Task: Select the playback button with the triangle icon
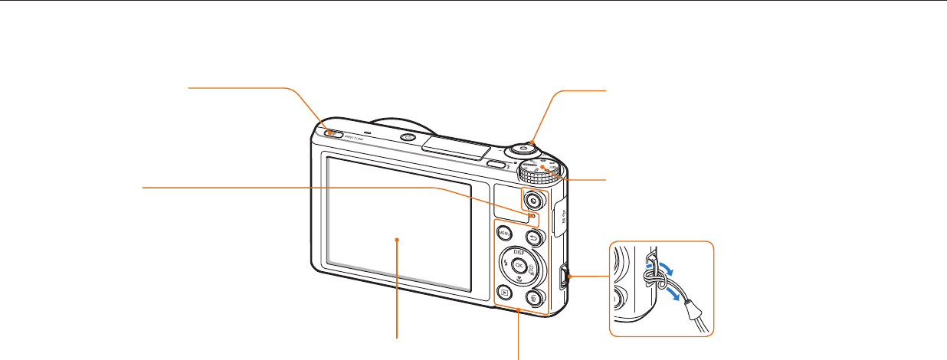[503, 292]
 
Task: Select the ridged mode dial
[542, 170]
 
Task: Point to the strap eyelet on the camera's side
[565, 277]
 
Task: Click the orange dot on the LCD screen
[398, 240]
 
